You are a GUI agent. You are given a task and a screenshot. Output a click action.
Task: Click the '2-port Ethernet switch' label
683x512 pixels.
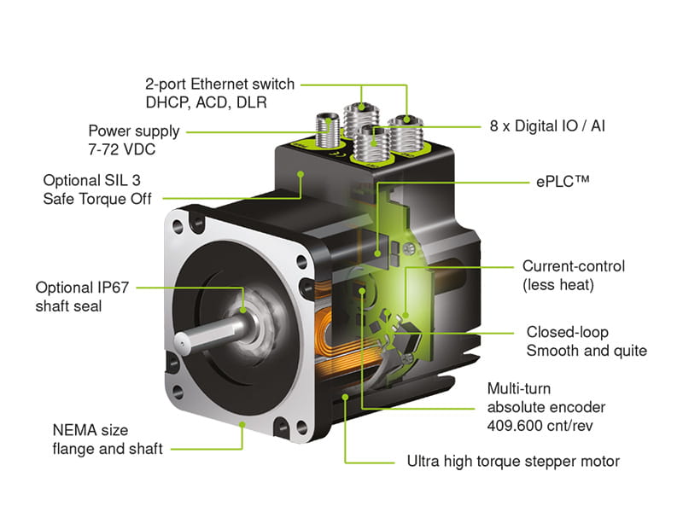pos(220,84)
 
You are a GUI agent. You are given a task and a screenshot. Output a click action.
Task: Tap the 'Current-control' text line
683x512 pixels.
pos(574,266)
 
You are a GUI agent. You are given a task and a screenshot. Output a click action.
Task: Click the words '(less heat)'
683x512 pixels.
pos(557,286)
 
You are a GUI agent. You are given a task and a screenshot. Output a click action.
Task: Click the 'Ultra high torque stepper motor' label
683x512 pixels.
pos(512,462)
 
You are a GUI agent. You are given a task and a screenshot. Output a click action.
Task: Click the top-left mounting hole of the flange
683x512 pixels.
pos(177,228)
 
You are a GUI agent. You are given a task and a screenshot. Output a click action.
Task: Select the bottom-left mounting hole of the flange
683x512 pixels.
pos(177,393)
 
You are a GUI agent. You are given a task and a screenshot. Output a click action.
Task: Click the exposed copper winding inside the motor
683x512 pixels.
pos(329,324)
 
